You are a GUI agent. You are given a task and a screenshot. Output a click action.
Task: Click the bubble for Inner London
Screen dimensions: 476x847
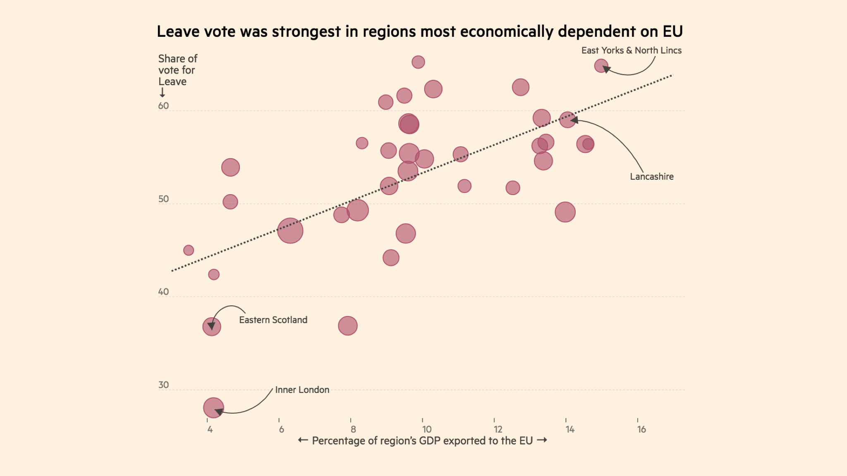click(213, 408)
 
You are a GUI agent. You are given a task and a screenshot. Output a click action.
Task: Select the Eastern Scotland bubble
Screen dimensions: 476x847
click(212, 327)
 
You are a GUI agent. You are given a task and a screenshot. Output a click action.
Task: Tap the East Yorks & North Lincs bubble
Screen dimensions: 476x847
click(601, 66)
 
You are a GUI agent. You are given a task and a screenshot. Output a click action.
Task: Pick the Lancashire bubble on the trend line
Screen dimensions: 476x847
click(567, 120)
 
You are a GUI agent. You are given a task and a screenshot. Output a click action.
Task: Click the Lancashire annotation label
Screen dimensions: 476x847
click(651, 177)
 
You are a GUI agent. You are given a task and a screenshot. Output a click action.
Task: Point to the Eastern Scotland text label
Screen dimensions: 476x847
click(273, 320)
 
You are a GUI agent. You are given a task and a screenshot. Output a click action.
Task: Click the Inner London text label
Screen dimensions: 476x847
click(302, 390)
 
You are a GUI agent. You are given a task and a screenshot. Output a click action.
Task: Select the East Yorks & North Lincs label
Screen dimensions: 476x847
click(631, 50)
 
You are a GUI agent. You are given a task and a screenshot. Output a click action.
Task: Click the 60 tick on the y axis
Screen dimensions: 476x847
click(163, 106)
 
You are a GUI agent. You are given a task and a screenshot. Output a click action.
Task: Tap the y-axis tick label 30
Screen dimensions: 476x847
click(163, 385)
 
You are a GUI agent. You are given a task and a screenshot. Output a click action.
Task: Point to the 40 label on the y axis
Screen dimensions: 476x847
click(163, 292)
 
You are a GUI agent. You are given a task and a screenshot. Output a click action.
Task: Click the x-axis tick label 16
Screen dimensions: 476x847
click(641, 429)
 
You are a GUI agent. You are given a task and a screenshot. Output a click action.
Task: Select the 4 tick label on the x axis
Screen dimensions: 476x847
click(210, 429)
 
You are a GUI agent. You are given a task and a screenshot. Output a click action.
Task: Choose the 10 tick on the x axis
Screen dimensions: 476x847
click(426, 429)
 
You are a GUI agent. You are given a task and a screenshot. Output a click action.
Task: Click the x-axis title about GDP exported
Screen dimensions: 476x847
click(422, 441)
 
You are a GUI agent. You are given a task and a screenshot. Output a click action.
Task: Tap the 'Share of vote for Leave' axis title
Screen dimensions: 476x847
click(177, 70)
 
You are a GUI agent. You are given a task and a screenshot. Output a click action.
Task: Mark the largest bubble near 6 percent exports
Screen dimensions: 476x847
click(290, 231)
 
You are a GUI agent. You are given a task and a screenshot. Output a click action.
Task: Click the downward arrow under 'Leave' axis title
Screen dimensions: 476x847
click(162, 92)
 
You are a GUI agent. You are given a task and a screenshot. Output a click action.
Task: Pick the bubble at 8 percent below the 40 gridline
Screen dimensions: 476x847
click(348, 326)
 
